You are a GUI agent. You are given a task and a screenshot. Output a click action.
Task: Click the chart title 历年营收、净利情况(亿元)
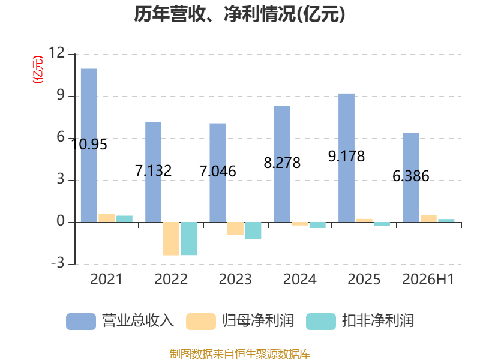tap(239, 14)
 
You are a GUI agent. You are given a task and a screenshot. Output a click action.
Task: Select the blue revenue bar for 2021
tap(89, 145)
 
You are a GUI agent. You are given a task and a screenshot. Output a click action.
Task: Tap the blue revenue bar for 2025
tap(347, 158)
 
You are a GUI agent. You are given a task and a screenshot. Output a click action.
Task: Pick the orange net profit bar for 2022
tap(171, 239)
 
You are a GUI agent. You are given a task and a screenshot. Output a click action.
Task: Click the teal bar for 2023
tap(253, 231)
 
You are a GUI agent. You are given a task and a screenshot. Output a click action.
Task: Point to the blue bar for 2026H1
tap(411, 178)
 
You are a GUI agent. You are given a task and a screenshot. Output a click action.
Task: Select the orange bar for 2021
tap(107, 218)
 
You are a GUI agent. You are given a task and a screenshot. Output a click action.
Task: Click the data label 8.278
tap(282, 163)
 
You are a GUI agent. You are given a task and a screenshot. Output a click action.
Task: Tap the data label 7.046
tap(218, 171)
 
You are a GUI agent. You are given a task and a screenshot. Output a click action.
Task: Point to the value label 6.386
tap(411, 176)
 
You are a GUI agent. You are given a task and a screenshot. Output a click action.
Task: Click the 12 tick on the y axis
tap(56, 53)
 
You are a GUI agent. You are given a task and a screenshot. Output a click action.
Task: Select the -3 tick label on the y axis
tap(58, 263)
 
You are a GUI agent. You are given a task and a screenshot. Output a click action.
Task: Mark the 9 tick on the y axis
tap(61, 95)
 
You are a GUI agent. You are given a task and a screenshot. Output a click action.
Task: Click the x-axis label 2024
tap(299, 279)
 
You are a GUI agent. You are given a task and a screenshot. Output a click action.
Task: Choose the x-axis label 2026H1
tap(428, 279)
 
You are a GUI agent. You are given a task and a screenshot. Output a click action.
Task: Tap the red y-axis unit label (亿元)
tap(38, 70)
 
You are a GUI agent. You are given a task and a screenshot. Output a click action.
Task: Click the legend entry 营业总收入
tap(120, 321)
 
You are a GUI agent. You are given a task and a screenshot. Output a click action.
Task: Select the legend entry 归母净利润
tap(240, 321)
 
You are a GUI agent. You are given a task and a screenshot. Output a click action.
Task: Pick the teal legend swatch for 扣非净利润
tap(321, 322)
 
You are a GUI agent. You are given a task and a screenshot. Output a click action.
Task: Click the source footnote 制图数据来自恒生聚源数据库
tap(240, 354)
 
